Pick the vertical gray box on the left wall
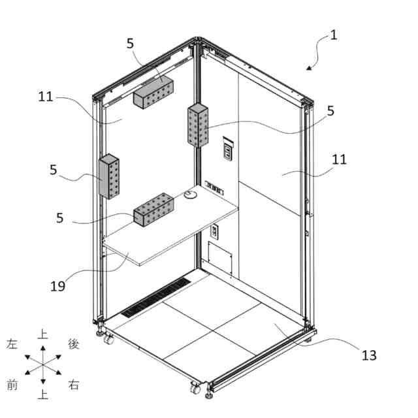[109, 176]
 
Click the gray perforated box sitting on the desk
[154, 210]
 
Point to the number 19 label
[57, 285]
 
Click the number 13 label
[369, 355]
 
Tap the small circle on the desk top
[191, 194]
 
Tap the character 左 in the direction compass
[11, 344]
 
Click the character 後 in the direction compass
[74, 344]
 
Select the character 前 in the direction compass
[11, 385]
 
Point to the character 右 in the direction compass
[74, 385]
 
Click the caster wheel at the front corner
[195, 389]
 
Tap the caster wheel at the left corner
[108, 339]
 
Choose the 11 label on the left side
[45, 97]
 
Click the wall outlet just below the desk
[214, 231]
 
